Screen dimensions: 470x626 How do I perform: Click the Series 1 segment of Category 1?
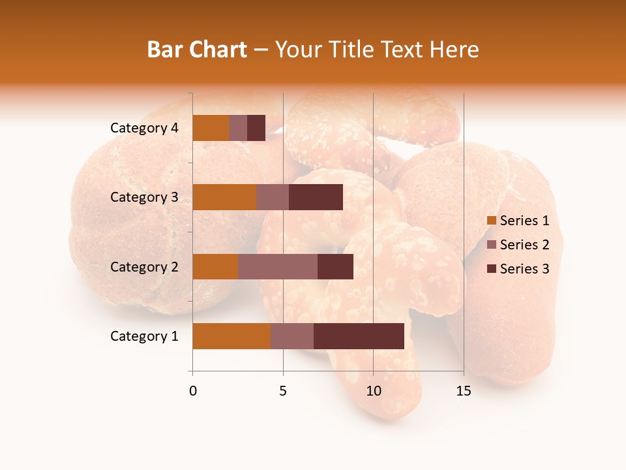coord(231,336)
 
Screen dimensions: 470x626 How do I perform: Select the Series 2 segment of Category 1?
coord(292,336)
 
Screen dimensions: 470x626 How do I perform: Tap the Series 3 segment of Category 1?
coord(359,336)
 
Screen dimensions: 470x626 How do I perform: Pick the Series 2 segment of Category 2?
coord(278,266)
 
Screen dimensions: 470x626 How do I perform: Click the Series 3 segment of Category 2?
coord(335,266)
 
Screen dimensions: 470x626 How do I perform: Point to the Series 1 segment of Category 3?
coord(224,197)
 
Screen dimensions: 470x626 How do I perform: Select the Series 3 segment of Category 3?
coord(316,197)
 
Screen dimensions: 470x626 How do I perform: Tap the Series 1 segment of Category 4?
coord(211,128)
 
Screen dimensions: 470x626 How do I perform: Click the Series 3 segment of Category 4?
coord(256,128)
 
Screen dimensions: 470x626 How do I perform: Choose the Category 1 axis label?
coord(144,336)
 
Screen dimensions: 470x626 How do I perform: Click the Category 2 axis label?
coord(144,267)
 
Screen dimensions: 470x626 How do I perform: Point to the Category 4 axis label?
coord(144,128)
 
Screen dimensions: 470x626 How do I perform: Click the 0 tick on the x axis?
coord(193,391)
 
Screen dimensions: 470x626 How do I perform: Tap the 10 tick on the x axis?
coord(373,391)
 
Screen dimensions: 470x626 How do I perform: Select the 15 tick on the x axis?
coord(464,391)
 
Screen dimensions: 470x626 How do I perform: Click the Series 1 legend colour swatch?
coord(492,221)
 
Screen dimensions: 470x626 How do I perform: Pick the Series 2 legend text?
coord(524,245)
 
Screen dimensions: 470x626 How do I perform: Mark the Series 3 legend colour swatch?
coord(492,269)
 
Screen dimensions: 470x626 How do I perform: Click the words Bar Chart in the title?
coord(197,50)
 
